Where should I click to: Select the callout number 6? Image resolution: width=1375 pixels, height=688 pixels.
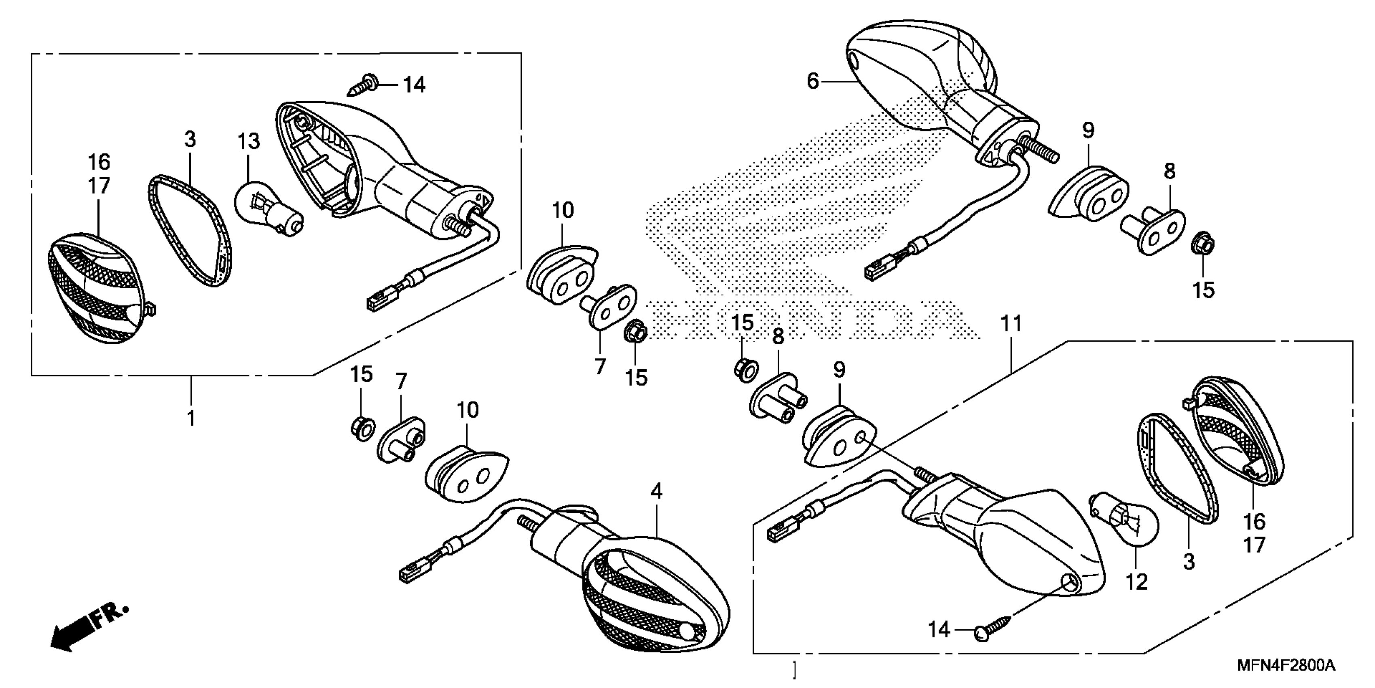[x=812, y=82]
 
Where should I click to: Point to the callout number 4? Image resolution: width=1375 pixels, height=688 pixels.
[x=656, y=491]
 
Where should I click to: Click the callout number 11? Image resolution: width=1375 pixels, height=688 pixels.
[x=1011, y=324]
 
